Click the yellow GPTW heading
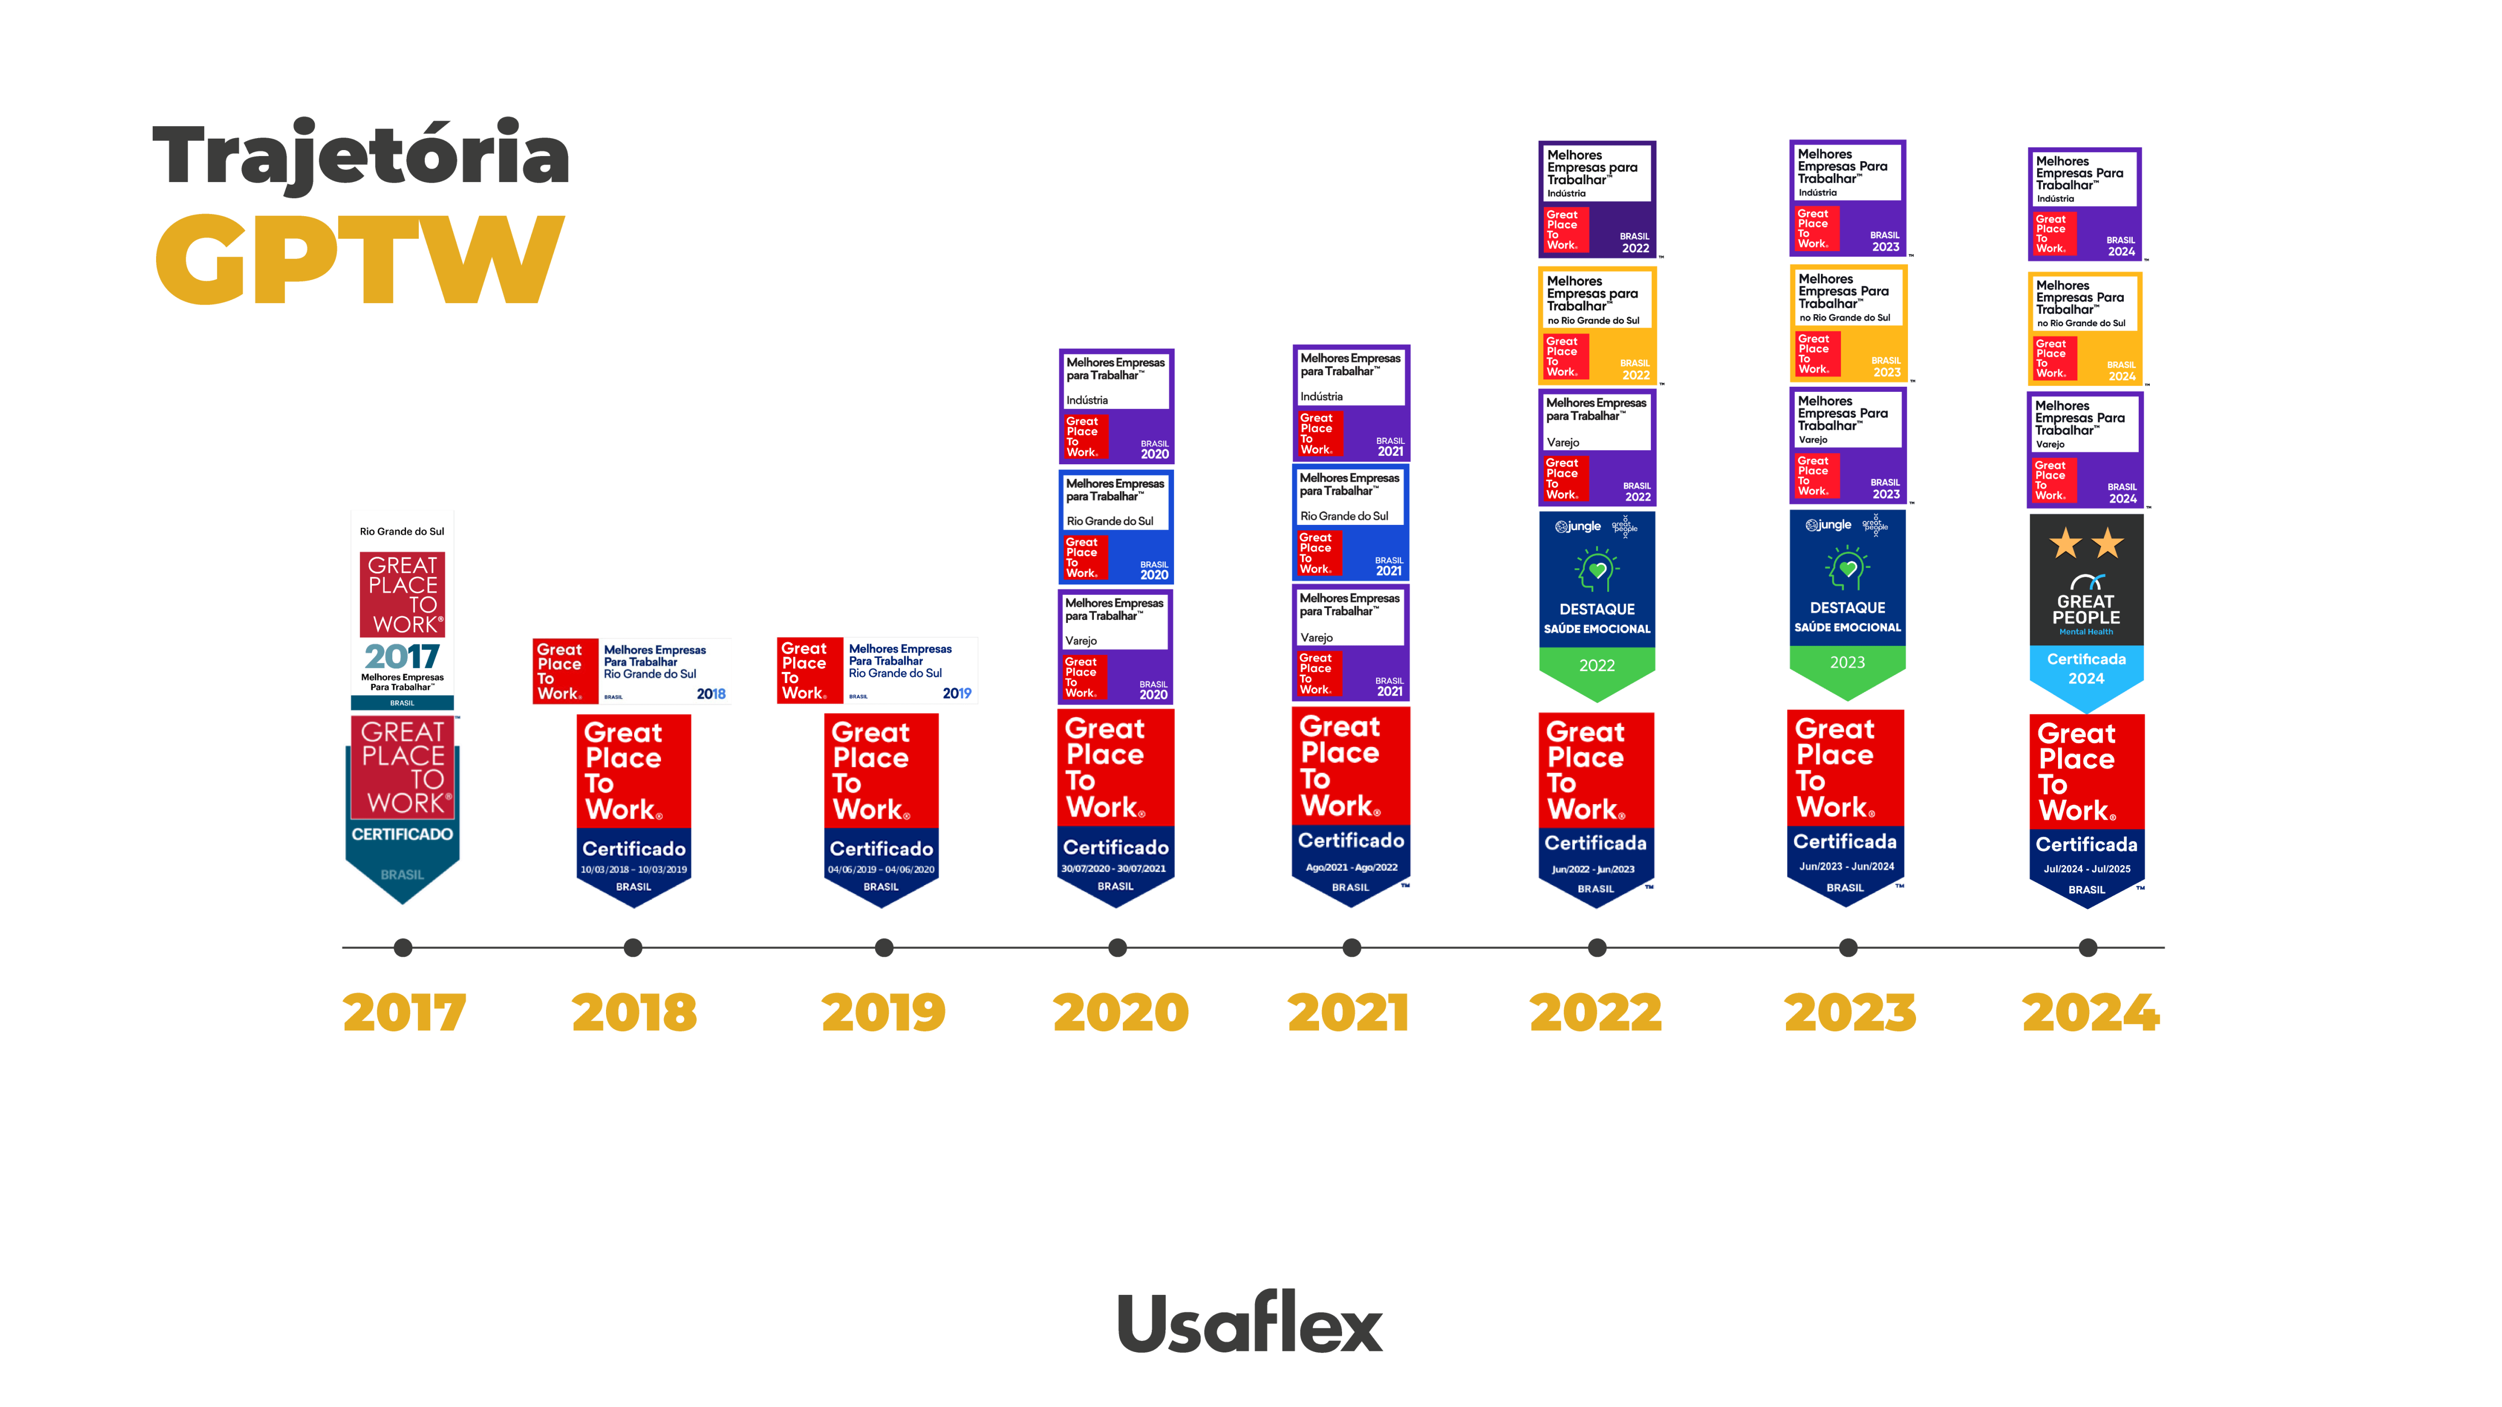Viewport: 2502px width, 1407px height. [x=359, y=259]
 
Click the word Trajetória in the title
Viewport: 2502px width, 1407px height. [x=361, y=156]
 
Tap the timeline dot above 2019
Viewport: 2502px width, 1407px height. [x=884, y=948]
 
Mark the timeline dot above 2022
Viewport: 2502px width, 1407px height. [x=1597, y=948]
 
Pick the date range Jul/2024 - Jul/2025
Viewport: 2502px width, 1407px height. [x=2086, y=869]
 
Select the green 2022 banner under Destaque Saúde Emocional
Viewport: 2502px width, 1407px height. [x=1597, y=666]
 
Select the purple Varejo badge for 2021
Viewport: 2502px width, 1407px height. [x=1350, y=643]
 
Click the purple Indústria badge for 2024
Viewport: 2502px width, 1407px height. [x=2084, y=204]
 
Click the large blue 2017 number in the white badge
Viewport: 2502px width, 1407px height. [x=402, y=656]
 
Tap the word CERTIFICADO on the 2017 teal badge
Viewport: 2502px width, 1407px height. [x=402, y=834]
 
